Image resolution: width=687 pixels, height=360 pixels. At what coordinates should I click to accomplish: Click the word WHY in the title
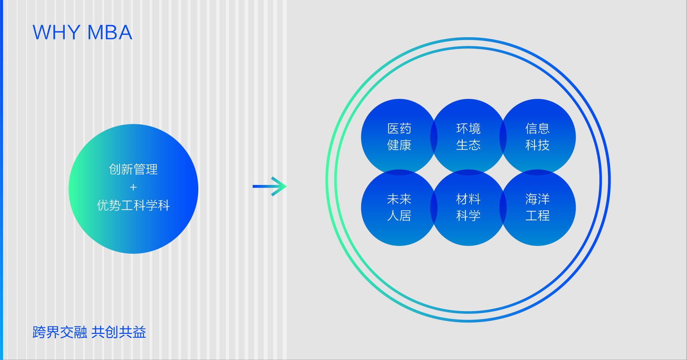coord(56,33)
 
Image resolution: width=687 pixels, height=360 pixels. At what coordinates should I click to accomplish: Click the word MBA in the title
coord(110,33)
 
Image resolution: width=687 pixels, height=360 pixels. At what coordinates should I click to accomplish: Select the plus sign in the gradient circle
coord(133,188)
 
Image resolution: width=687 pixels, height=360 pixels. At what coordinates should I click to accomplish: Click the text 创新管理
coord(133,170)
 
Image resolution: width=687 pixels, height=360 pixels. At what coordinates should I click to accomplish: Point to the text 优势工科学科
coord(133,205)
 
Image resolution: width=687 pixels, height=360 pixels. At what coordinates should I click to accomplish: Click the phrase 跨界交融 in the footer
coord(60,332)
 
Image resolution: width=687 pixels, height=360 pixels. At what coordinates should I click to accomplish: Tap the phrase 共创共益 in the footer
coord(118,332)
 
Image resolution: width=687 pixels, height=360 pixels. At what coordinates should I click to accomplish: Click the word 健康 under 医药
coord(399,145)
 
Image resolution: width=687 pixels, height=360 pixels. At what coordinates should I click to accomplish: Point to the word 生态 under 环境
coord(468,145)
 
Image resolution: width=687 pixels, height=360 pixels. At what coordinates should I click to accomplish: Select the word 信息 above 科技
coord(537,129)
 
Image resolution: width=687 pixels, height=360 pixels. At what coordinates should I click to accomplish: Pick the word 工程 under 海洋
coord(537,216)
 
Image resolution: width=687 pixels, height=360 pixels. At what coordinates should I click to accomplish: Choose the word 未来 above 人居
coord(399,199)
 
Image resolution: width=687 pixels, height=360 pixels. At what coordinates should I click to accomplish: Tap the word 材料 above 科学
coord(468,199)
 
